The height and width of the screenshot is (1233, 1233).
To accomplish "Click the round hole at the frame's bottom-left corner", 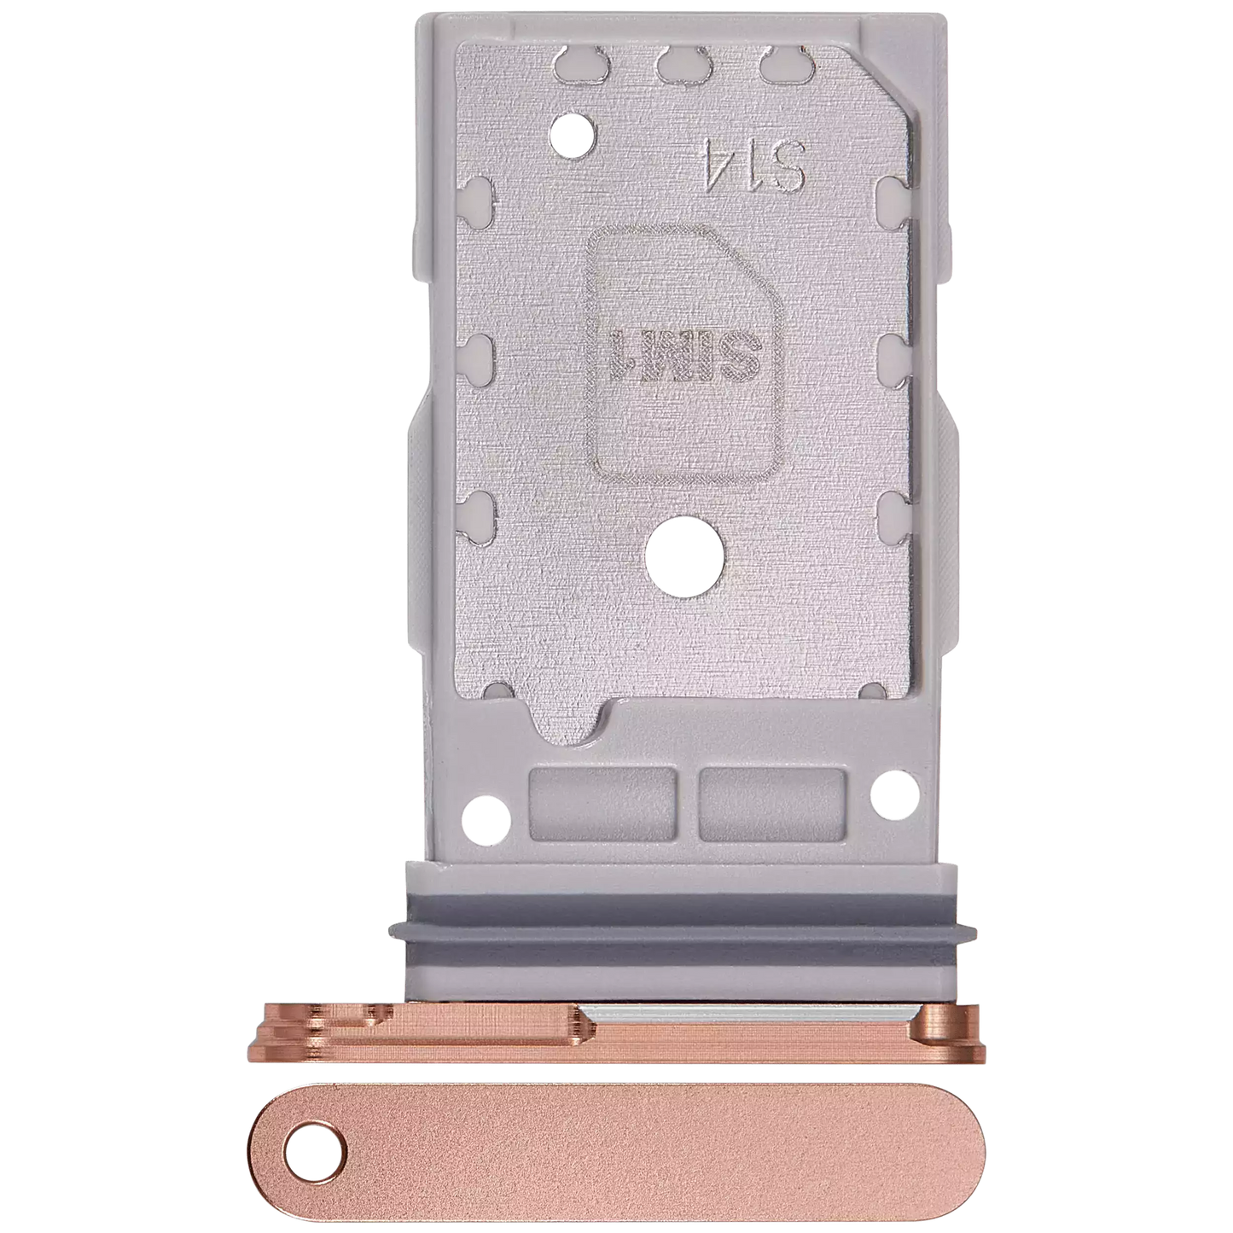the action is (486, 818).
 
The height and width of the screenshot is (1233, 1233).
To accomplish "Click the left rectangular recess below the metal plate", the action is (603, 805).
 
